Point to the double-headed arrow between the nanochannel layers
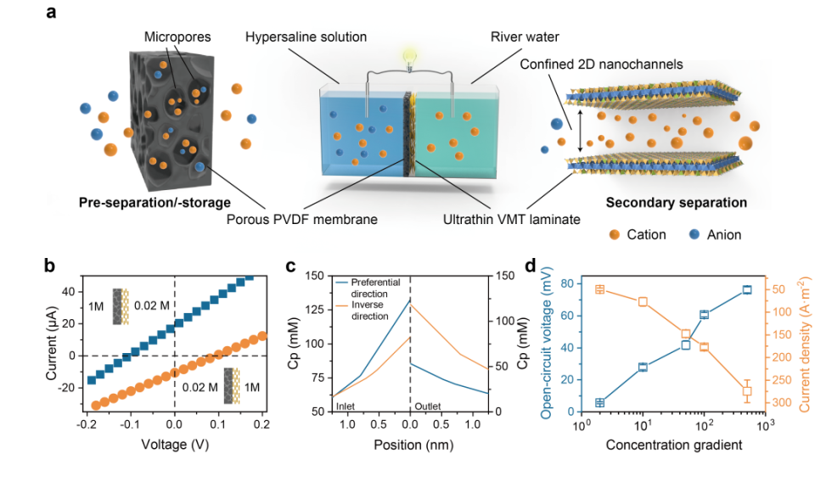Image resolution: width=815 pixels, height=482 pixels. tap(581, 133)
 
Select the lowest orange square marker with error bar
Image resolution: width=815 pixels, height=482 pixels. tap(747, 391)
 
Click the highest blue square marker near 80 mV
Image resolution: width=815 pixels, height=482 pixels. tap(747, 290)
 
